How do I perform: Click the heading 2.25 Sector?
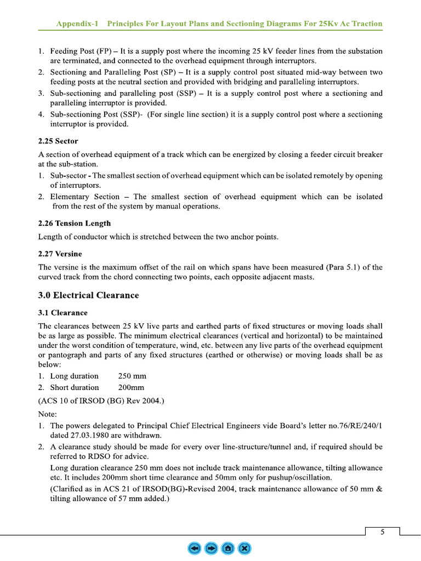(x=58, y=141)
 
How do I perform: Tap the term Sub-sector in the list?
(x=70, y=176)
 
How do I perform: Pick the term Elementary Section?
(x=84, y=197)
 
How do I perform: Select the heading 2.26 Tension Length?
(x=74, y=224)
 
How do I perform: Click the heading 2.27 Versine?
(x=60, y=254)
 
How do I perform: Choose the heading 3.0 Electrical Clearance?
(x=88, y=295)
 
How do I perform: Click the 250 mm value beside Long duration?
(x=132, y=376)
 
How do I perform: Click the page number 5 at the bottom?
(x=382, y=531)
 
